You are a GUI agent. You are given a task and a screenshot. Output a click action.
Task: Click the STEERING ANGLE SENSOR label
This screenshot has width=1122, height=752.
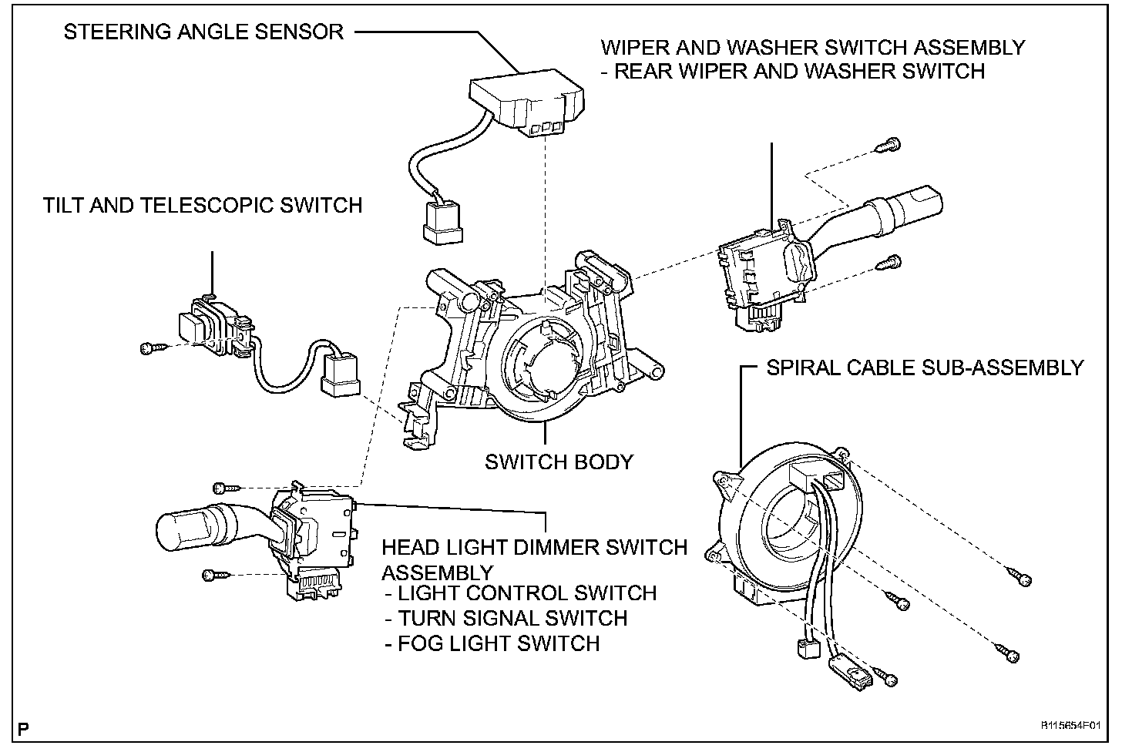click(203, 32)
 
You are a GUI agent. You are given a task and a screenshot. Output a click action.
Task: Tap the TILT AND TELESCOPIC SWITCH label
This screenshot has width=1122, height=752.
click(203, 205)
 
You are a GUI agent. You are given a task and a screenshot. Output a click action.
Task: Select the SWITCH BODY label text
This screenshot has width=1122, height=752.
click(559, 462)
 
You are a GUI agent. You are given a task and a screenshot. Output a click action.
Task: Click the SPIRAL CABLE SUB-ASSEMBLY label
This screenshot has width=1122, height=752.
click(925, 368)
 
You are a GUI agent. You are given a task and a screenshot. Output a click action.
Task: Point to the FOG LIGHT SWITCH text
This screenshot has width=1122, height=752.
click(492, 643)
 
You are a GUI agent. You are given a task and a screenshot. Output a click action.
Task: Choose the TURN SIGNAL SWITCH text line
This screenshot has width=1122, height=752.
click(506, 618)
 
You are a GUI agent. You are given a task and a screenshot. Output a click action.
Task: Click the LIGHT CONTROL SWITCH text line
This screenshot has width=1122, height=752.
click(521, 593)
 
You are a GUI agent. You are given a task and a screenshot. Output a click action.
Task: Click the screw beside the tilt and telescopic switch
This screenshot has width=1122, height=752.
click(151, 348)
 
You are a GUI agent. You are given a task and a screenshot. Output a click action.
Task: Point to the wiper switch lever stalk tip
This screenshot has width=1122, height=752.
click(917, 201)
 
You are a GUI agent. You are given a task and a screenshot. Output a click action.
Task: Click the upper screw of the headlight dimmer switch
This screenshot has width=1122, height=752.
click(224, 487)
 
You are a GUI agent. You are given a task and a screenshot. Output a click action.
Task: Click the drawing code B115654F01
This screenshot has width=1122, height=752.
click(1070, 726)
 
